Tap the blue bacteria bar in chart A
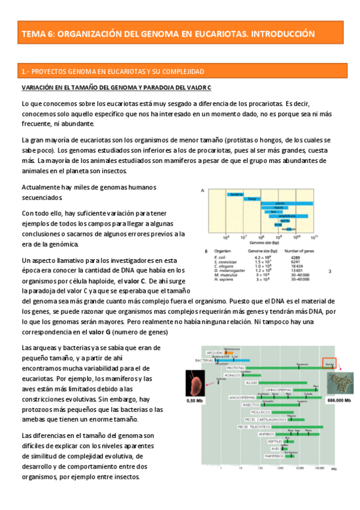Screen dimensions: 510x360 tap(236, 194)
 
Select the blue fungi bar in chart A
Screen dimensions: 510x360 tap(253, 198)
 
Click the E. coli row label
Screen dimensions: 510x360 tap(219, 257)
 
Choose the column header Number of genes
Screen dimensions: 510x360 tap(300, 251)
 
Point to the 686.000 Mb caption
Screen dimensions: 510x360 tap(340, 400)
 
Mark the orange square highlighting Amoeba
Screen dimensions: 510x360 tap(329, 364)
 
